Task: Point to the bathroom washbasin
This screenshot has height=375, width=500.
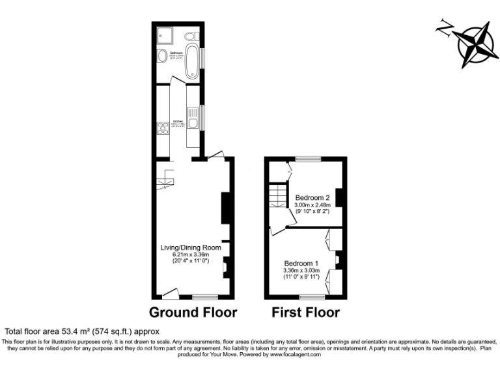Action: coord(161,58)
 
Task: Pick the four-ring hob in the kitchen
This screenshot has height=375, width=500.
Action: coord(161,128)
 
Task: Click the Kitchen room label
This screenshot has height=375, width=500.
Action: coord(177,121)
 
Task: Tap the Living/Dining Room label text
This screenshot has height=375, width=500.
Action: coord(190,247)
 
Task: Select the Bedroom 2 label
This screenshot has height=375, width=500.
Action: coord(312,197)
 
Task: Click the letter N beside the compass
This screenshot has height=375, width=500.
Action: coord(445,27)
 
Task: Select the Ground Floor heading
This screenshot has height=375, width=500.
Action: coord(193,312)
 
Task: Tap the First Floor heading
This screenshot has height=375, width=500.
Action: coord(306,312)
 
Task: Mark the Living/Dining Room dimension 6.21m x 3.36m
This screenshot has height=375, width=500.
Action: coord(190,255)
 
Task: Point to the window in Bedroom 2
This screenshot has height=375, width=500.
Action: coord(308,158)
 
